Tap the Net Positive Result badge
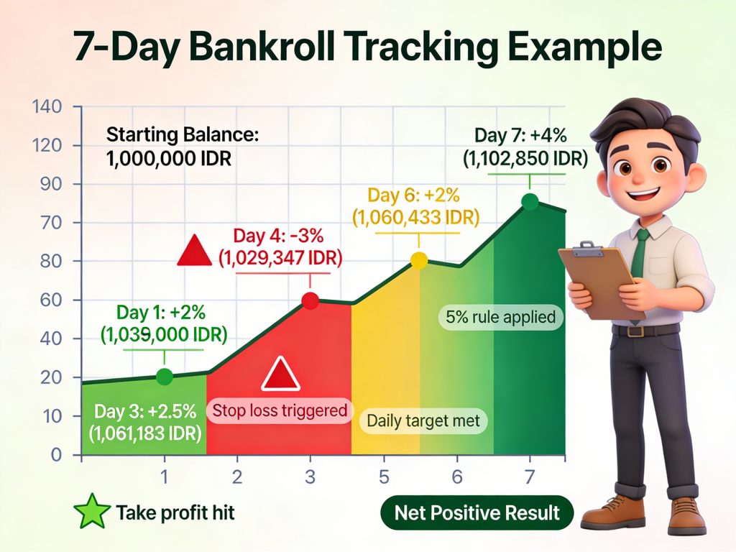pos(477,513)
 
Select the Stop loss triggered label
pos(280,411)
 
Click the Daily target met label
pos(423,420)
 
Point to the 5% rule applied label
pos(500,316)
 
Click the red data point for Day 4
pos(310,301)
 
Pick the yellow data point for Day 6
pos(418,261)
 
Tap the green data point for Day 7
pos(530,202)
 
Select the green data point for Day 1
pos(165,376)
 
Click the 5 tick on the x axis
pos(383,477)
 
